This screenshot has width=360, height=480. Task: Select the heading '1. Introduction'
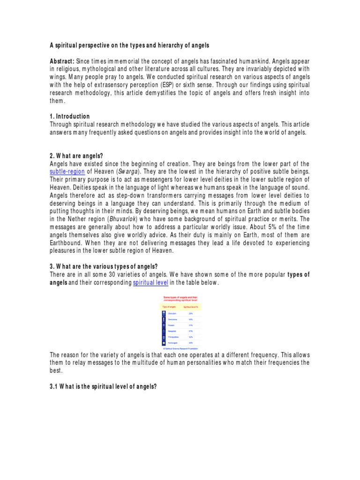pyautogui.click(x=70, y=116)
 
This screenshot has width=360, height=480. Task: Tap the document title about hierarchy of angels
pyautogui.click(x=129, y=45)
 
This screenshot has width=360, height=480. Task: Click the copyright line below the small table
pyautogui.click(x=180, y=348)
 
